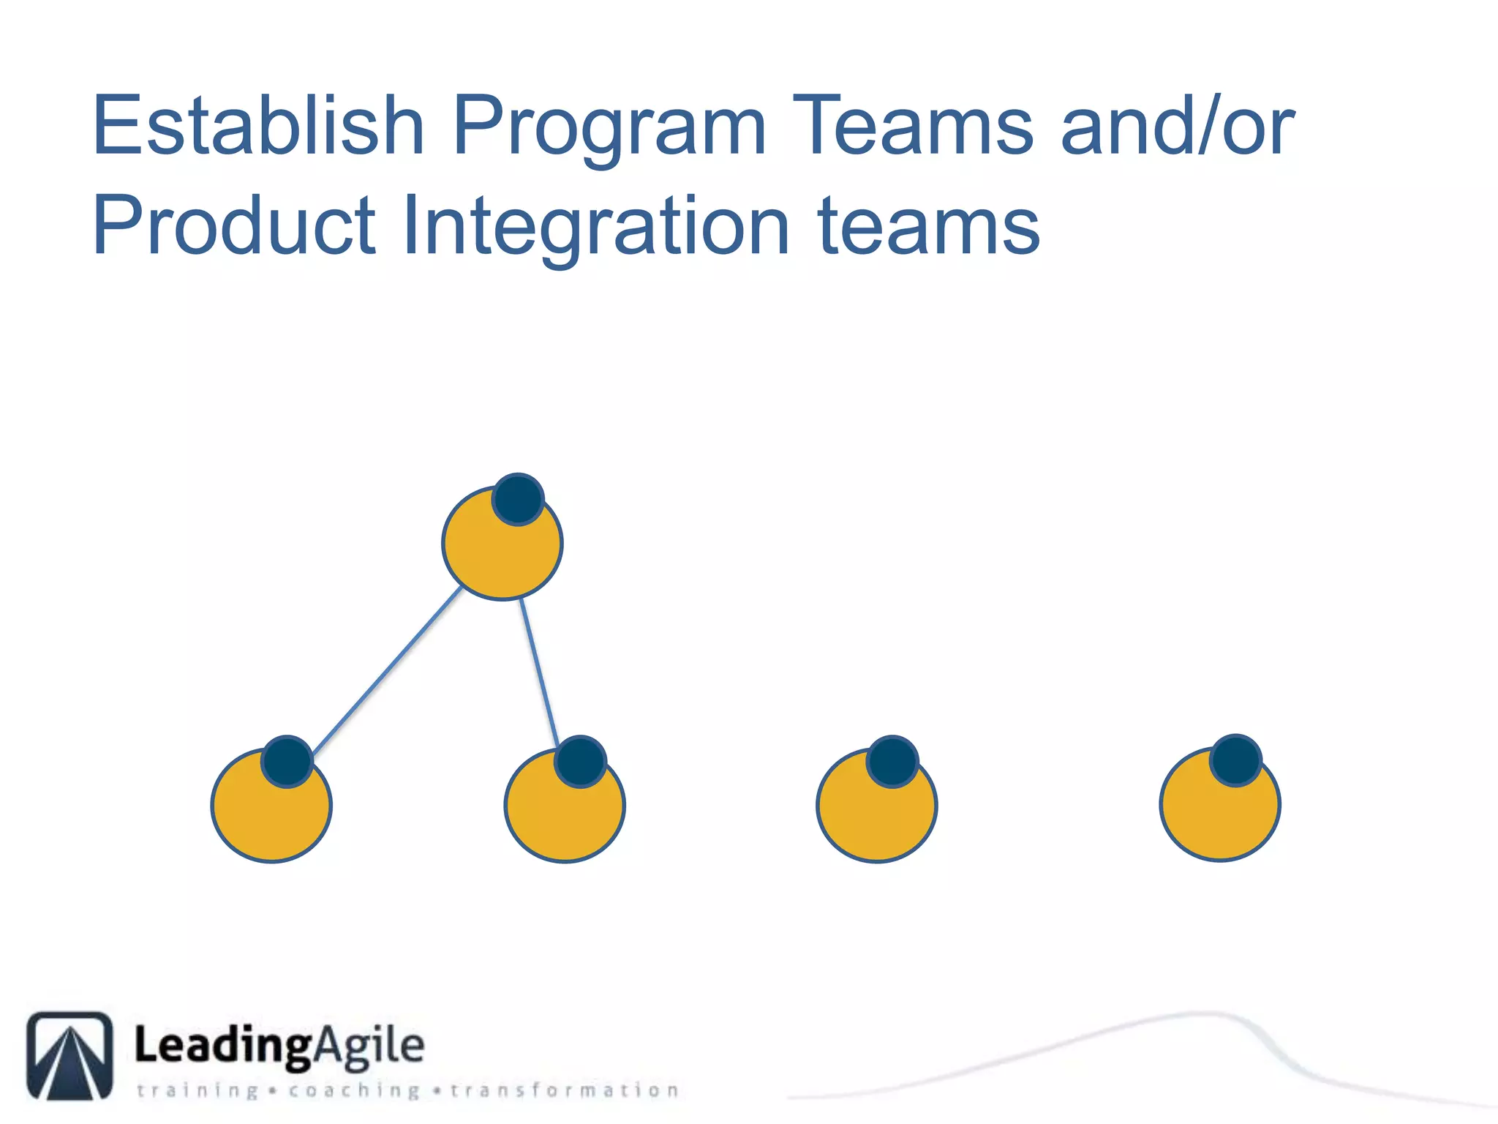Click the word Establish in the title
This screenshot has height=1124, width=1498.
tap(257, 126)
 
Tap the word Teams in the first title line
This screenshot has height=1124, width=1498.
tap(913, 126)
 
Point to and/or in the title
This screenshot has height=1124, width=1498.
tap(1177, 126)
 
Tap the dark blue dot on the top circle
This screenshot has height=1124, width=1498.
tap(518, 499)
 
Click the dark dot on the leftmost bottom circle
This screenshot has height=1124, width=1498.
tap(287, 761)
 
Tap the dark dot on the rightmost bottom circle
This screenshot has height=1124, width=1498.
tap(1235, 760)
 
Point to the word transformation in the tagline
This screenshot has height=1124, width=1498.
tap(565, 1090)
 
